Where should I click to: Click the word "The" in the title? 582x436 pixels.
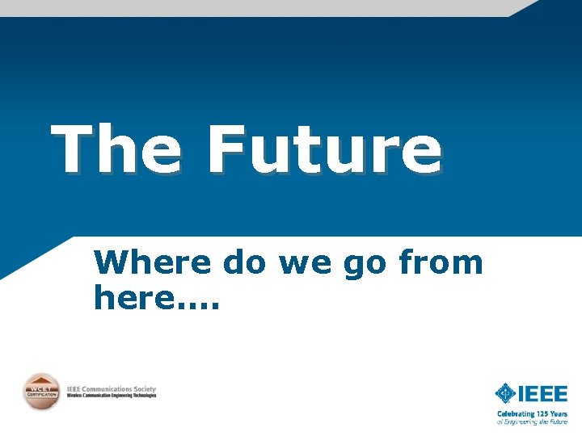(x=116, y=150)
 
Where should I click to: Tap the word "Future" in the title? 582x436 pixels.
(x=324, y=150)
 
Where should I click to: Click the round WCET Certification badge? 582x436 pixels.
(x=40, y=392)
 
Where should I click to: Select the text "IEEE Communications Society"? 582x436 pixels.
(x=111, y=388)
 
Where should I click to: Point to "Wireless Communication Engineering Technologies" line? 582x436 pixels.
(x=111, y=396)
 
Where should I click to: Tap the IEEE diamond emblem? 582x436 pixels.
(x=506, y=394)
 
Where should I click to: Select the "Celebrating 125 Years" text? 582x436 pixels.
(x=532, y=414)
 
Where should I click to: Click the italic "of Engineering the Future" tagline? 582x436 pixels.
(x=532, y=421)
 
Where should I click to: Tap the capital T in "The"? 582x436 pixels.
(x=71, y=150)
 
